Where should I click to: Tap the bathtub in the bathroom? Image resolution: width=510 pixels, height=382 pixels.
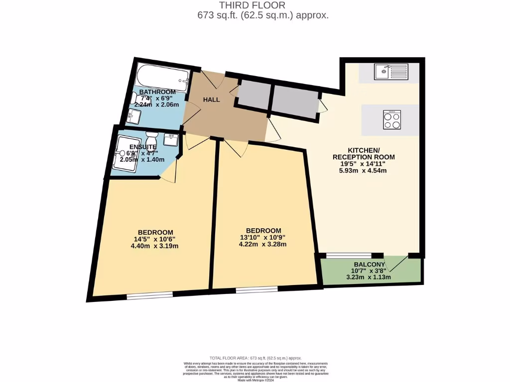[x=163, y=77]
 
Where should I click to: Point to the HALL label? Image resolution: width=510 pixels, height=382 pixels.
[x=211, y=100]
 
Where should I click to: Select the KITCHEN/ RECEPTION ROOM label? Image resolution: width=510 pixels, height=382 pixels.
[x=364, y=153]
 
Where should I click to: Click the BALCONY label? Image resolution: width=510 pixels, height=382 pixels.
[x=369, y=265]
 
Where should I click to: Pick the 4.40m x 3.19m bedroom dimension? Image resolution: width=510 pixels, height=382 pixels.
[x=155, y=246]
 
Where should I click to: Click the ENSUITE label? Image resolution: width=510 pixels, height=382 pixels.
[x=143, y=147]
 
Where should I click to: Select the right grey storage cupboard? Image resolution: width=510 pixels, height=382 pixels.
[x=295, y=102]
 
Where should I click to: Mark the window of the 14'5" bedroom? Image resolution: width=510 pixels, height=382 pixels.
[x=149, y=295]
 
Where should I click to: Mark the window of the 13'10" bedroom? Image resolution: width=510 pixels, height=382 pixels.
[x=256, y=289]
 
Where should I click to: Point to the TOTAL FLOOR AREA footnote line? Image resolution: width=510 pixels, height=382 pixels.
[x=255, y=358]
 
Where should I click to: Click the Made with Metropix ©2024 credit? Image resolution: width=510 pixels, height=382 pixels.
[x=255, y=380]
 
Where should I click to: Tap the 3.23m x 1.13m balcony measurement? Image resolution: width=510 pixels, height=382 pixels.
[x=369, y=277]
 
